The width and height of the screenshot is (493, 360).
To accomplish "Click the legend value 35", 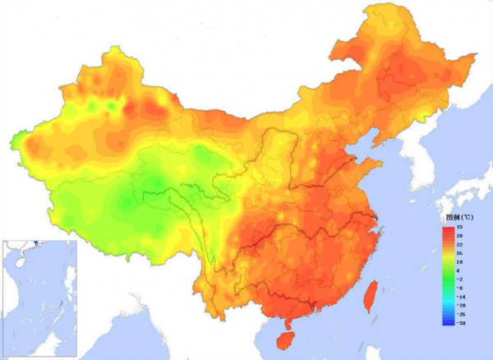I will pyautogui.click(x=460, y=226).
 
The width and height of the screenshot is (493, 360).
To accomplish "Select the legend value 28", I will pyautogui.click(x=460, y=235).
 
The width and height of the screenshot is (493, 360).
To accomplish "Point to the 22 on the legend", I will pyautogui.click(x=460, y=244).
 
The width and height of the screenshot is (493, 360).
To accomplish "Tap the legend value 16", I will pyautogui.click(x=460, y=253).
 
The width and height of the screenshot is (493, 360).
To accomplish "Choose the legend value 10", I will pyautogui.click(x=460, y=262).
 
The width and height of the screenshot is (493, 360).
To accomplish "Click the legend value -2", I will pyautogui.click(x=460, y=280).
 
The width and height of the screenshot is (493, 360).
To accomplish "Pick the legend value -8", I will pyautogui.click(x=460, y=289).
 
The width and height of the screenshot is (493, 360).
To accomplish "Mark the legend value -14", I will pyautogui.click(x=460, y=298).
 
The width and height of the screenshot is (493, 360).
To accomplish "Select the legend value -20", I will pyautogui.click(x=460, y=307).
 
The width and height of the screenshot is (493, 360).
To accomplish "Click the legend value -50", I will pyautogui.click(x=460, y=325).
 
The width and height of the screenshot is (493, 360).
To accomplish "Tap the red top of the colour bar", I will pyautogui.click(x=448, y=228).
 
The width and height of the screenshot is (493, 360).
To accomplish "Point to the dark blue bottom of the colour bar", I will pyautogui.click(x=448, y=323).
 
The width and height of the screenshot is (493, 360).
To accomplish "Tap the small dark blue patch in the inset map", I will pyautogui.click(x=59, y=305).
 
